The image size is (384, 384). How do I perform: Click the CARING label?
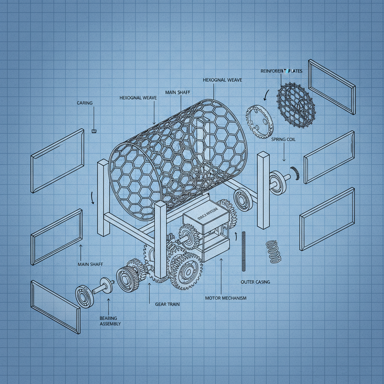pos(84,103)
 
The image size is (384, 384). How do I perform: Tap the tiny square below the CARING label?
pos(94,131)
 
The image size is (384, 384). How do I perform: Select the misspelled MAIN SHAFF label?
pos(178,92)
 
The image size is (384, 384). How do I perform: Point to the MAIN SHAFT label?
pos(90,264)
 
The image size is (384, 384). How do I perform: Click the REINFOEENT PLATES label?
pos(281,71)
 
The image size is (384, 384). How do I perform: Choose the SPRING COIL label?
pos(283,139)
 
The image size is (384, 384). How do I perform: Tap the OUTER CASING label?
pos(255,282)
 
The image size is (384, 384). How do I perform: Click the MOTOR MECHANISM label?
pos(226,298)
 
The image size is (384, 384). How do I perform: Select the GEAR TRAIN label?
pos(167,304)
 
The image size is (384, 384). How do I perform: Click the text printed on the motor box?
pos(205,216)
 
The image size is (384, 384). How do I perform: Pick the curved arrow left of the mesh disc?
pos(266,95)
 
